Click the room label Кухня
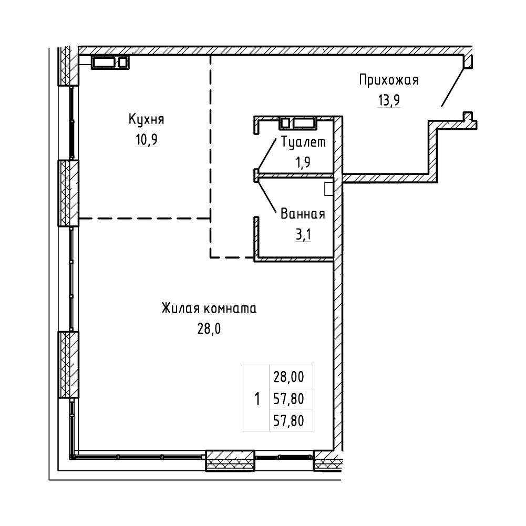(x=146, y=120)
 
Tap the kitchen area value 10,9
(x=147, y=140)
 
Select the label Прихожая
(x=389, y=80)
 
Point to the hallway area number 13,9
(x=389, y=100)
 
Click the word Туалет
(x=303, y=142)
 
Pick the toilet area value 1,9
(x=303, y=162)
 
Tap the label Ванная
(x=303, y=214)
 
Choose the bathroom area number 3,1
(x=303, y=234)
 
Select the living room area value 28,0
(x=209, y=329)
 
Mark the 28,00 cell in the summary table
(x=289, y=377)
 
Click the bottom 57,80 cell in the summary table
(x=289, y=420)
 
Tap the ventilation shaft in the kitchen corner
(x=110, y=62)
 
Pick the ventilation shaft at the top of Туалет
(x=297, y=123)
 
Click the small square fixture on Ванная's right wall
(x=329, y=189)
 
